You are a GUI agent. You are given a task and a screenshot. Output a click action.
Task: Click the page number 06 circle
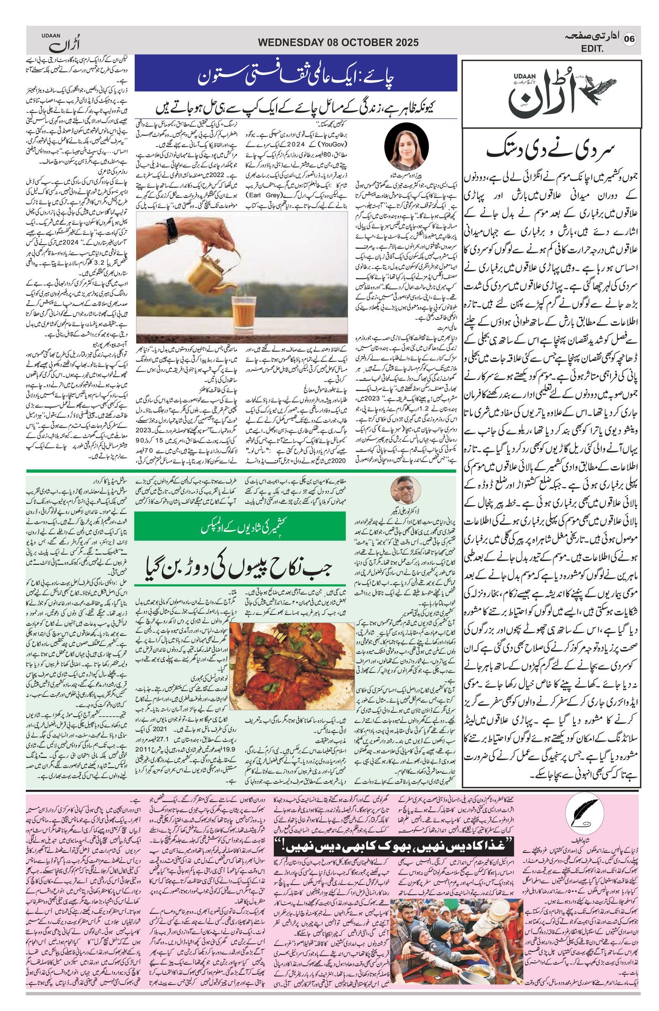(x=629, y=39)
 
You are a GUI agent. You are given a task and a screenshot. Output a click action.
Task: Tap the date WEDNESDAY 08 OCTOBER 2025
(x=338, y=42)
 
